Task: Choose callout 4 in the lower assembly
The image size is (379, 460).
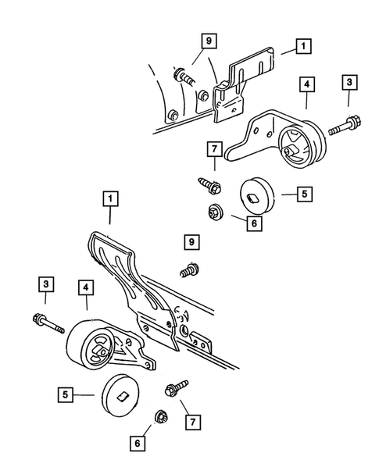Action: [x=86, y=290]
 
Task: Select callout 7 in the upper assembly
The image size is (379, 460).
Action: [x=213, y=149]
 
